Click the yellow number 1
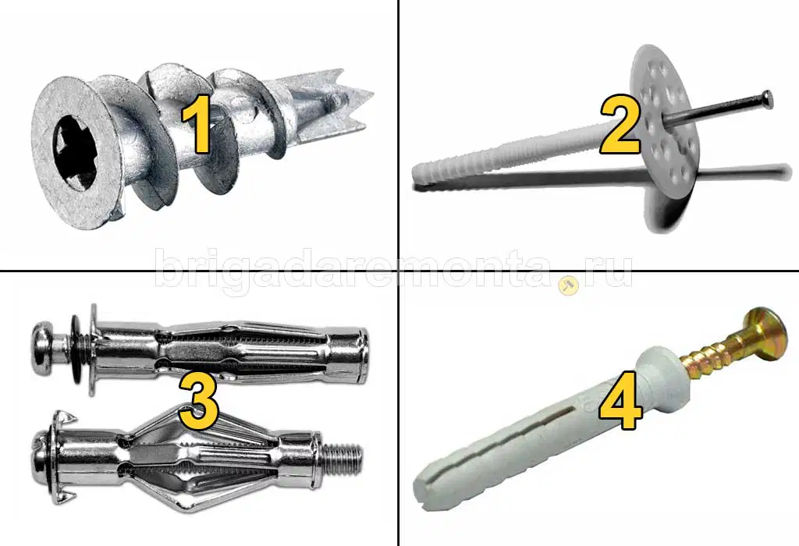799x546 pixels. pos(196,124)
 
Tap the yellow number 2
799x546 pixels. pos(619,126)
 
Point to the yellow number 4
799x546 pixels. pos(620,400)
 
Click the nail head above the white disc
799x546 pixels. pos(766,99)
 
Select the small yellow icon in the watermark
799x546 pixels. pos(568,286)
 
